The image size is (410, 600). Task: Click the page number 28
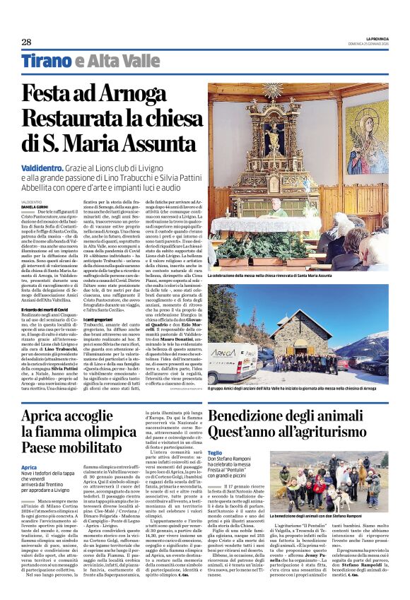pyautogui.click(x=25, y=42)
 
